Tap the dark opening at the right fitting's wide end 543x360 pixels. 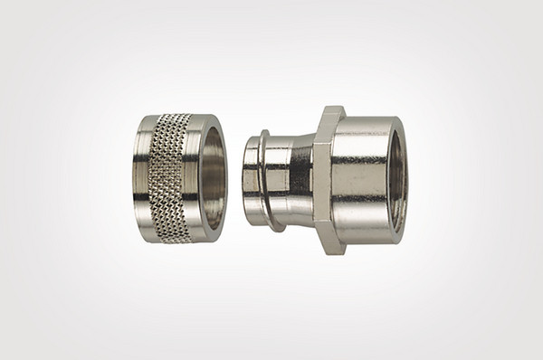point(398,178)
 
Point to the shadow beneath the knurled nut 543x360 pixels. point(176,248)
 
